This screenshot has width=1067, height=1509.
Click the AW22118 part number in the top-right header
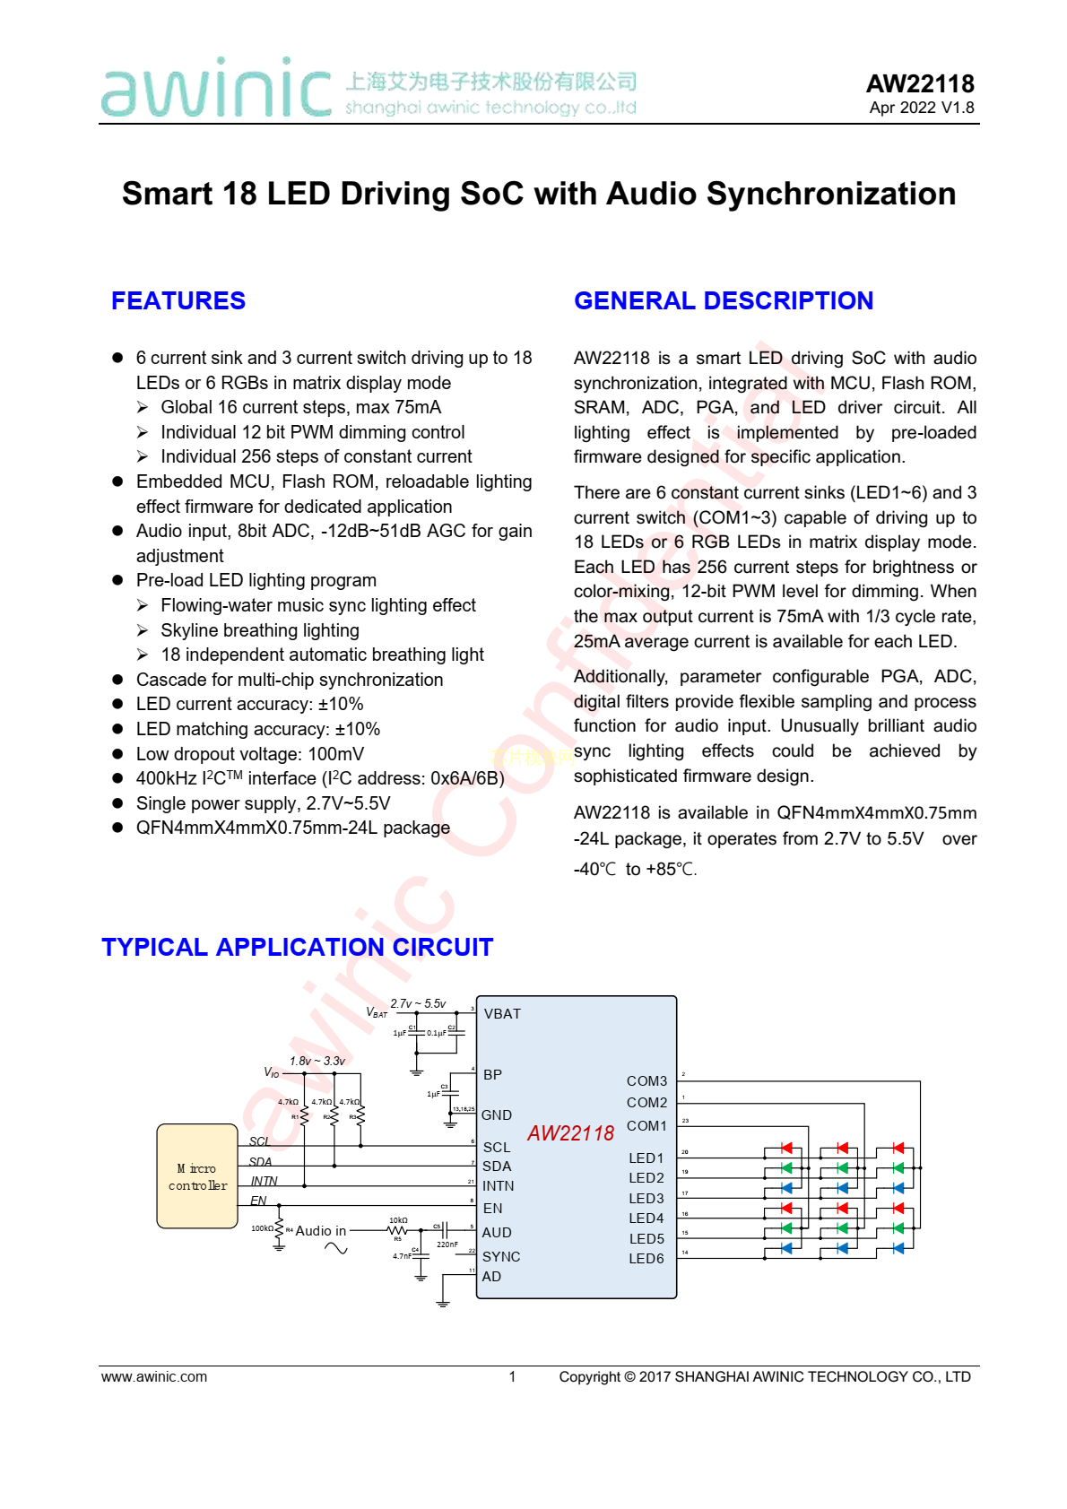[x=920, y=84]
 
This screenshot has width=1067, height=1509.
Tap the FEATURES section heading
[x=178, y=301]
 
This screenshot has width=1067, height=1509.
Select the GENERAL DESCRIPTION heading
[x=724, y=301]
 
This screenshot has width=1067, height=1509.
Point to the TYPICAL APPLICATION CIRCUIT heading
[x=297, y=948]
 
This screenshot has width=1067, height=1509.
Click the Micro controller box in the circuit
[x=197, y=1176]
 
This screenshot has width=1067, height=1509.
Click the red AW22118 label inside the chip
[x=570, y=1133]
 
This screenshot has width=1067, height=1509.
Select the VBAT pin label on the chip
[x=502, y=1014]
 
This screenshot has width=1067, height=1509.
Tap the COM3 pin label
[x=646, y=1081]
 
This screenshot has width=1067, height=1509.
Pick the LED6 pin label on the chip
[x=646, y=1259]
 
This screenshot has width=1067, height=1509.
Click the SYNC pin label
[x=501, y=1257]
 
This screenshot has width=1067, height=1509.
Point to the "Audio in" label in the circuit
[x=320, y=1231]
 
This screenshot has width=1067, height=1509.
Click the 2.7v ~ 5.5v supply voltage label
[x=418, y=1004]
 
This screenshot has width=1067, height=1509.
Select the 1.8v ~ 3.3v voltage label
[x=317, y=1062]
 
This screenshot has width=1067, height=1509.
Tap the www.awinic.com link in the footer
[x=154, y=1377]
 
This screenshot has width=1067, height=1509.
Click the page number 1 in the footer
[x=512, y=1377]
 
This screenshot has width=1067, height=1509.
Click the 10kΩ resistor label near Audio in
[x=398, y=1220]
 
